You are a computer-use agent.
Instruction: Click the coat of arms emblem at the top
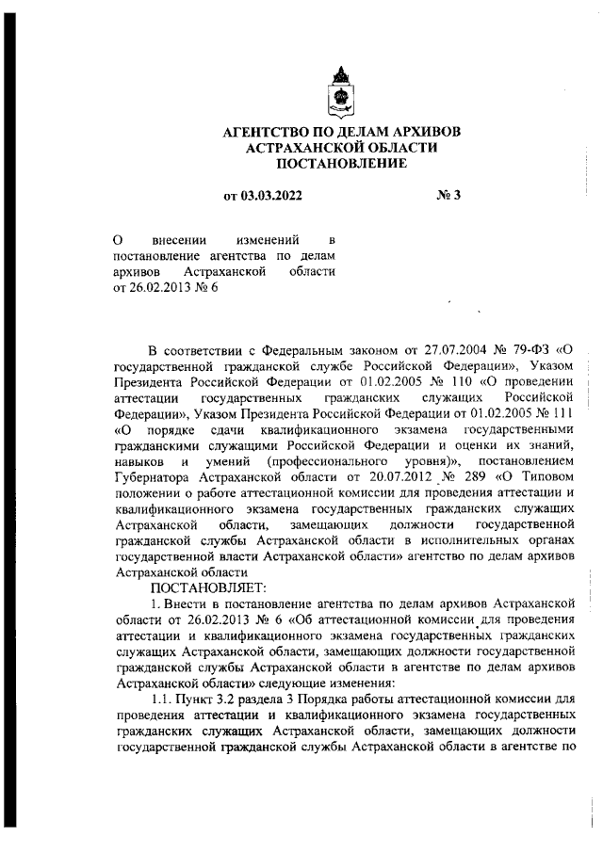click(343, 90)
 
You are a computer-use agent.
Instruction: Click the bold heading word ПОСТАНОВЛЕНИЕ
click(343, 164)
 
